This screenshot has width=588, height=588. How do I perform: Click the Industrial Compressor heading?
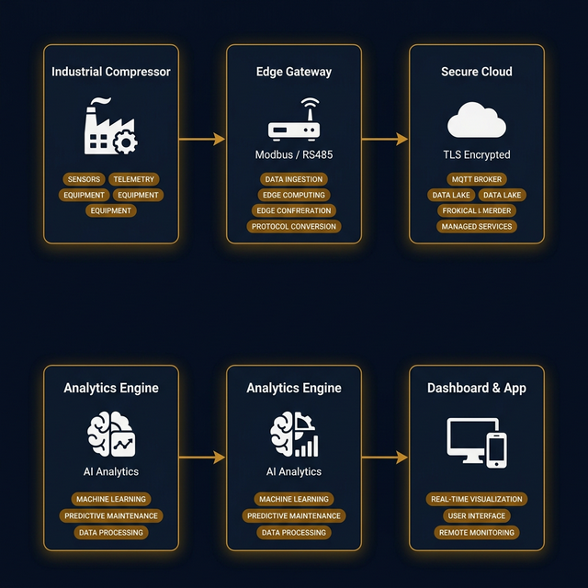tap(111, 72)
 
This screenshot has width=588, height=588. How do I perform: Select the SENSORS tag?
tap(84, 179)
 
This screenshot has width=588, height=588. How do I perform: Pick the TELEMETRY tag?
tap(134, 179)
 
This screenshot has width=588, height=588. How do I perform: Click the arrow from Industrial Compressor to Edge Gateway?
tap(202, 140)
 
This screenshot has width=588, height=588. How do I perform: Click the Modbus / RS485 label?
tap(294, 155)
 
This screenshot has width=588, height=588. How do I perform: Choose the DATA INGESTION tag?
tap(294, 179)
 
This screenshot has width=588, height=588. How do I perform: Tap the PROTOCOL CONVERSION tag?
tap(294, 226)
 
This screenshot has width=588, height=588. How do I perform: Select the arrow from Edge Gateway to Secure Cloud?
tap(385, 140)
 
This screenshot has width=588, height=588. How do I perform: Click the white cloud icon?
tap(477, 121)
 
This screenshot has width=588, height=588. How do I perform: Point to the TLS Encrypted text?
tap(477, 155)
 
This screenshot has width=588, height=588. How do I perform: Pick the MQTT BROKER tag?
tap(477, 179)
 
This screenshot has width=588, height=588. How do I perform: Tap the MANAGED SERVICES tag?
tap(477, 226)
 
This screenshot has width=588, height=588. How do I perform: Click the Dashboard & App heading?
tap(477, 388)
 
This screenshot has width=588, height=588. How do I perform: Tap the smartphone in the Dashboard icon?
tap(496, 449)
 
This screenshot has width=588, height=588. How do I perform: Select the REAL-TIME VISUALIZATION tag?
tap(477, 499)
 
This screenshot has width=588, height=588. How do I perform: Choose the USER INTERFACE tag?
tap(477, 515)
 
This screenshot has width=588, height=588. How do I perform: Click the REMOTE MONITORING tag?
tap(477, 532)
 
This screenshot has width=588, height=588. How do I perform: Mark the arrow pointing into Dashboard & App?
tap(385, 457)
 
